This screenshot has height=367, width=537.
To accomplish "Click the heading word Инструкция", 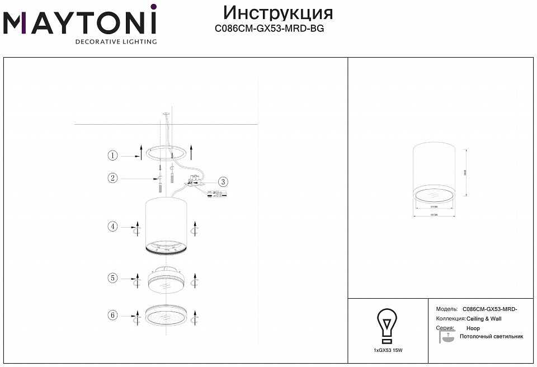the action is (277, 13).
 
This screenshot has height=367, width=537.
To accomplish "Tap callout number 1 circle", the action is (113, 155).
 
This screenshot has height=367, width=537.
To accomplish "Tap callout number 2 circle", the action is (113, 178).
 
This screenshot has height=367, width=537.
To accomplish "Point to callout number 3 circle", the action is (223, 181).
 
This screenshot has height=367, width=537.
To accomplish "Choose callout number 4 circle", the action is (113, 227).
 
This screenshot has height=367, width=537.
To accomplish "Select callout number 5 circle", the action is (113, 277).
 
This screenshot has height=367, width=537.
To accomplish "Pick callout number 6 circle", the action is (113, 316).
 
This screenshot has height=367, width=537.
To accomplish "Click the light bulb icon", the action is (387, 326).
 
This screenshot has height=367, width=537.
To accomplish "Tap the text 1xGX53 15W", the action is (388, 350).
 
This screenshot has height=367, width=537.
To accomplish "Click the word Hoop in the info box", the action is (473, 328).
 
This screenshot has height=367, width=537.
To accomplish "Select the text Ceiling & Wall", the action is (484, 319).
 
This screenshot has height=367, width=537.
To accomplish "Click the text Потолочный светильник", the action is (491, 337).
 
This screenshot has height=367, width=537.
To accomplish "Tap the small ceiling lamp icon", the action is (446, 337).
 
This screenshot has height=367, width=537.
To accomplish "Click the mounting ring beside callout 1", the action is (167, 152).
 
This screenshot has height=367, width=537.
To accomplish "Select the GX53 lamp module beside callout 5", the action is (166, 279).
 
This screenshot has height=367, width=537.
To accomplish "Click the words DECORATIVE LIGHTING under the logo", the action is (116, 41).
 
